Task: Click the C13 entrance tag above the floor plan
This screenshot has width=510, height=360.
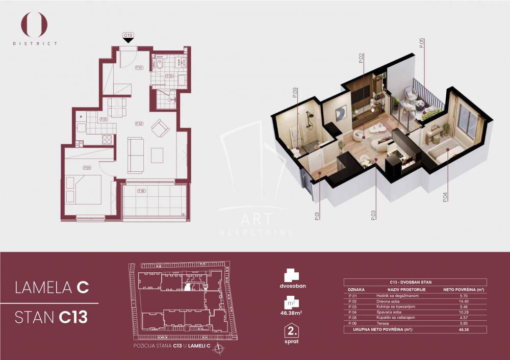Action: pyautogui.click(x=129, y=35)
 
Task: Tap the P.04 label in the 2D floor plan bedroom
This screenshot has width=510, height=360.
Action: pyautogui.click(x=87, y=167)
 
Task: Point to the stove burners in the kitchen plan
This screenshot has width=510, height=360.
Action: pyautogui.click(x=108, y=139)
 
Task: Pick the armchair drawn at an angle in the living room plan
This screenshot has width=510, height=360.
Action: pyautogui.click(x=161, y=127)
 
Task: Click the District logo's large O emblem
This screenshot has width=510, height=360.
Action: pyautogui.click(x=34, y=24)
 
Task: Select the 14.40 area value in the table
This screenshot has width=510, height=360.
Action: pyautogui.click(x=464, y=302)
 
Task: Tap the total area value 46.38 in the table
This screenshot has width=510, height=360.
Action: pyautogui.click(x=464, y=330)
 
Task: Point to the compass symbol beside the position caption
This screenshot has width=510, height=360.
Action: pyautogui.click(x=219, y=349)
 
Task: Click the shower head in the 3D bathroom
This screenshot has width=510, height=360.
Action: pyautogui.click(x=309, y=115)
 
